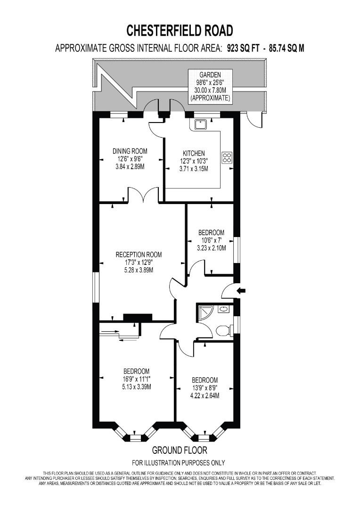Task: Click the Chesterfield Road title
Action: pyautogui.click(x=180, y=31)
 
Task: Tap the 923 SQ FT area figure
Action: pyautogui.click(x=243, y=49)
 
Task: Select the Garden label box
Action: pyautogui.click(x=210, y=86)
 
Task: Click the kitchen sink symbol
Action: pyautogui.click(x=200, y=124)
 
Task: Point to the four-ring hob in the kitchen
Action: pyautogui.click(x=227, y=157)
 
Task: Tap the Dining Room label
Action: pyautogui.click(x=130, y=151)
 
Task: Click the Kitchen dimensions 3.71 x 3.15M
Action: pyautogui.click(x=194, y=169)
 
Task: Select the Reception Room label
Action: pyautogui.click(x=139, y=254)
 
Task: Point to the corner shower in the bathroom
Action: pyautogui.click(x=205, y=312)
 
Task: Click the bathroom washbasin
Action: pyautogui.click(x=223, y=309)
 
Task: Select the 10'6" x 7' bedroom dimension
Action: pyautogui.click(x=211, y=240)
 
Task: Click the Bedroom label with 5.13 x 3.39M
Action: pyautogui.click(x=136, y=371)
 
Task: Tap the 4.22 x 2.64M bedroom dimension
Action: pyautogui.click(x=205, y=396)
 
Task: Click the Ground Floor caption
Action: pyautogui.click(x=180, y=450)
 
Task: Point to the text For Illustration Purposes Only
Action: pyautogui.click(x=178, y=463)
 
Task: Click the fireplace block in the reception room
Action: pyautogui.click(x=138, y=318)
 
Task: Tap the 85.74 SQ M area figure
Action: pyautogui.click(x=285, y=49)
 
